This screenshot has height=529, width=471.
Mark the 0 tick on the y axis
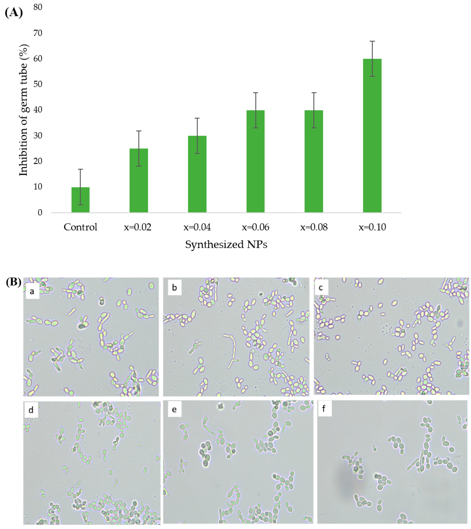coord(40,213)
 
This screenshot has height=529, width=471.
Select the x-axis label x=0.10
coord(372,227)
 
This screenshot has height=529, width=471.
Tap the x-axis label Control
coord(80,227)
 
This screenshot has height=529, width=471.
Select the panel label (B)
coord(14,282)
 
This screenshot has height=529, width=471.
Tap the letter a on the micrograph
coord(32,292)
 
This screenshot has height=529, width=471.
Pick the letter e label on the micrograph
coord(174,409)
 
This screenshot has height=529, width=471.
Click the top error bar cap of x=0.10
coord(372,41)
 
